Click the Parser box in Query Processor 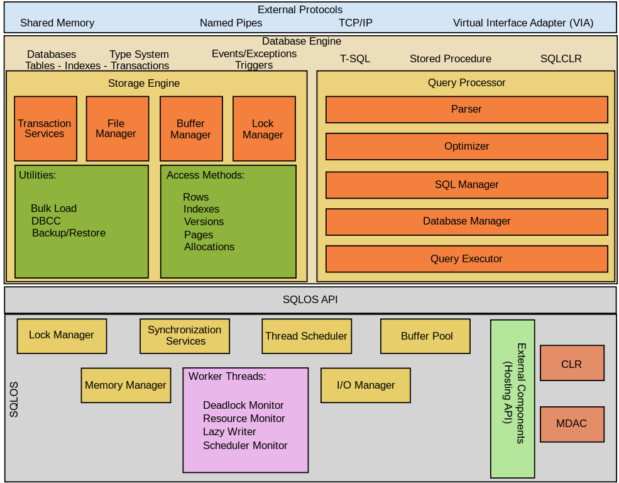point(466,109)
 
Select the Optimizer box point(466,147)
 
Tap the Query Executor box point(466,259)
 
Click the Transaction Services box point(45,128)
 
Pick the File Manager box point(117,128)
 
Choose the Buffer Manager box point(191,128)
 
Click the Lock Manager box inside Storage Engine point(264,128)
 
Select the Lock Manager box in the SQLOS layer point(62,336)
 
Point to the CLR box point(572,363)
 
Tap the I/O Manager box point(366,385)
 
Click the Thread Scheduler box point(306,336)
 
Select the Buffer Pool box point(425,336)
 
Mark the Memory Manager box point(126,385)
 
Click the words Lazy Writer point(229,432)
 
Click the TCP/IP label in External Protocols point(356,23)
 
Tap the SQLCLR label point(561,59)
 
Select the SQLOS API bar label point(310,300)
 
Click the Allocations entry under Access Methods point(209,247)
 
